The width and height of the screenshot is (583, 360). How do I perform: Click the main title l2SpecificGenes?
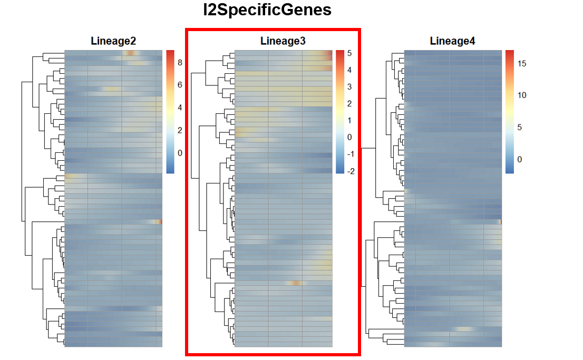pyautogui.click(x=268, y=10)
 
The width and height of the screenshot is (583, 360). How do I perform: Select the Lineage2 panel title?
pyautogui.click(x=113, y=41)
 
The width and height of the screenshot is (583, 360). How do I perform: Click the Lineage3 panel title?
pyautogui.click(x=283, y=41)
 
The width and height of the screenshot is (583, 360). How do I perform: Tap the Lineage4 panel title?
pyautogui.click(x=452, y=41)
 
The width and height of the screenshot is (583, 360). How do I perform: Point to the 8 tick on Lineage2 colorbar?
pyautogui.click(x=180, y=63)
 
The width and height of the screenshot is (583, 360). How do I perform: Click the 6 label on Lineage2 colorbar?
pyautogui.click(x=180, y=85)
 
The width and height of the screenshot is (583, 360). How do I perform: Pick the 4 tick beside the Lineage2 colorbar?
pyautogui.click(x=180, y=108)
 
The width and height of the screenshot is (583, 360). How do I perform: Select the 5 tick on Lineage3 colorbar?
pyautogui.click(x=349, y=53)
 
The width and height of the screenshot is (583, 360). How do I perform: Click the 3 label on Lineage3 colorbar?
pyautogui.click(x=349, y=87)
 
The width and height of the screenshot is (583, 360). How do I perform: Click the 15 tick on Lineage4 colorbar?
pyautogui.click(x=521, y=64)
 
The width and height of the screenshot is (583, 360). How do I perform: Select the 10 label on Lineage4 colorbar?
pyautogui.click(x=521, y=95)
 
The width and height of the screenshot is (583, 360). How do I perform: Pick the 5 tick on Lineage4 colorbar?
pyautogui.click(x=519, y=127)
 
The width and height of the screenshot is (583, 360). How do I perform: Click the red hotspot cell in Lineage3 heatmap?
pyautogui.click(x=297, y=283)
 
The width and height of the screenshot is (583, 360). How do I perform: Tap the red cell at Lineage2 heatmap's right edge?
pyautogui.click(x=160, y=222)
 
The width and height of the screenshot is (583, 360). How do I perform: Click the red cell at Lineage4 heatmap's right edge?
pyautogui.click(x=500, y=222)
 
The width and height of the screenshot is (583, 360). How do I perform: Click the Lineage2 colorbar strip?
pyautogui.click(x=170, y=112)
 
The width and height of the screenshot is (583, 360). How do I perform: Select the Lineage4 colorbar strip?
pyautogui.click(x=509, y=112)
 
